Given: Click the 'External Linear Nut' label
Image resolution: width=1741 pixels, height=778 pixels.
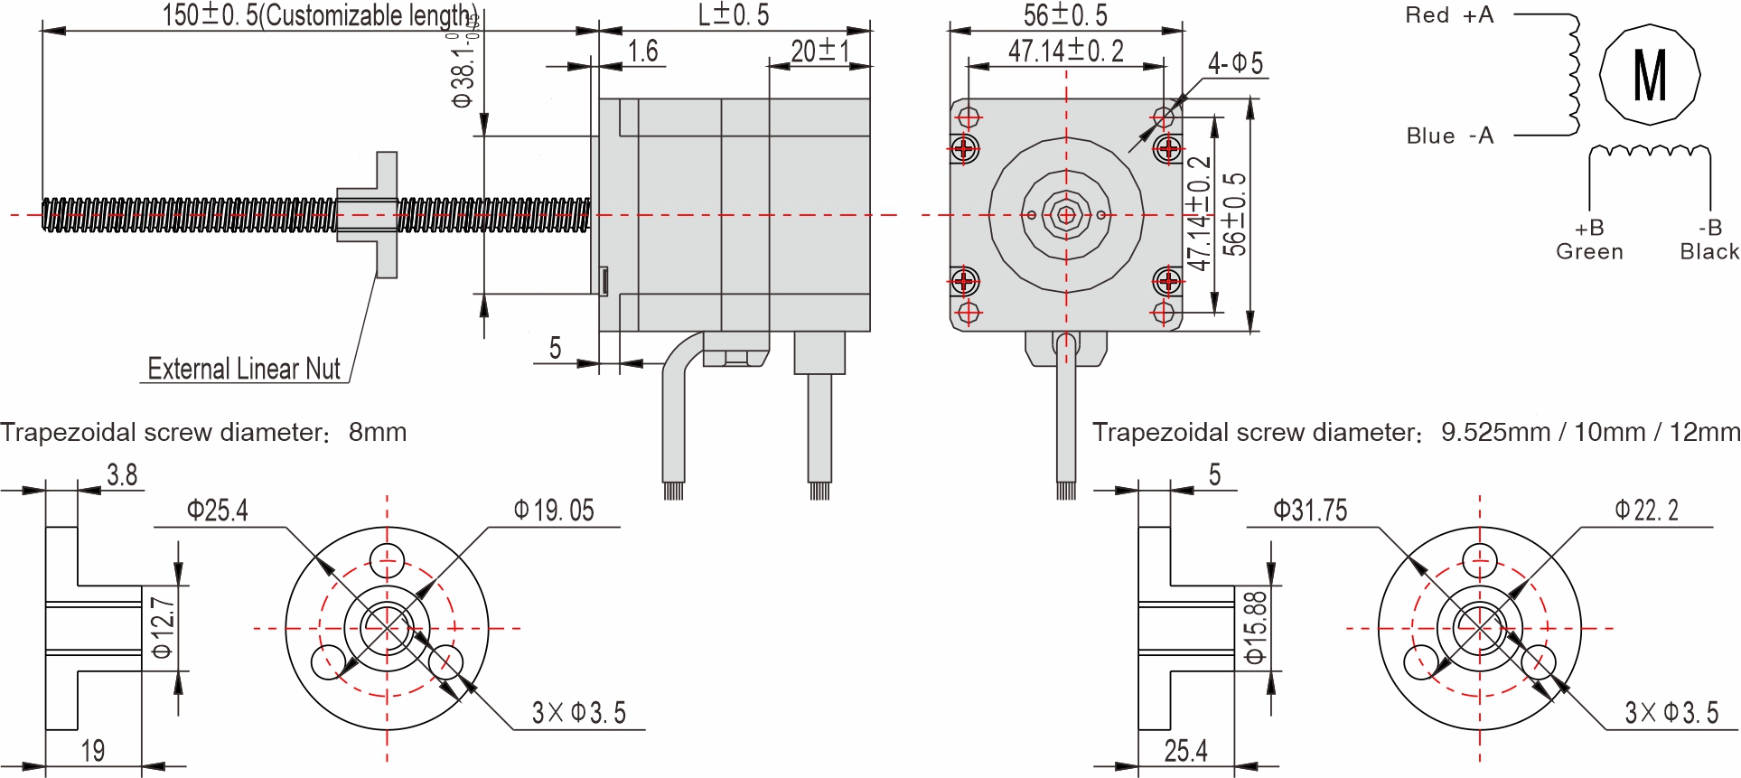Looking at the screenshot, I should point(244,369).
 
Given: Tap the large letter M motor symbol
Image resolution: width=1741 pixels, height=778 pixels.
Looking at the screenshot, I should point(1650,75).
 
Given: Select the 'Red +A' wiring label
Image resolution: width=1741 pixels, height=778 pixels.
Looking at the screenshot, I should point(1449,15).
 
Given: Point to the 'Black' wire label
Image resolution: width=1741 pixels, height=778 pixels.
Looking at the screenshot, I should point(1708,252).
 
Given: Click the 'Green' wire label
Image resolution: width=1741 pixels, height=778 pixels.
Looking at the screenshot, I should point(1589,252).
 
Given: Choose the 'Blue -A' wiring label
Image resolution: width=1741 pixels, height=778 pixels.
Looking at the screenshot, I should point(1449,136).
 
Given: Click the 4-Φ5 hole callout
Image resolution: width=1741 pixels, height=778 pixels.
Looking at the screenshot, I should point(1235,63).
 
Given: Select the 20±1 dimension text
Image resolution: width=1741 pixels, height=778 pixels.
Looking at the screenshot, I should point(819,51).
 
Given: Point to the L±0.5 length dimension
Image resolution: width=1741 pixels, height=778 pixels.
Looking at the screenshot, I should point(733,15).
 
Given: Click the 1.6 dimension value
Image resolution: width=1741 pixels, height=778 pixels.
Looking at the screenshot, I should point(642,51).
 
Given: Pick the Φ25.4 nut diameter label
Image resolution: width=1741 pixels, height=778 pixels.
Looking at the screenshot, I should point(217,511).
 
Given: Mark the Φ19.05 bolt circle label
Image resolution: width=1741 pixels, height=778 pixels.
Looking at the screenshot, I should point(554,511).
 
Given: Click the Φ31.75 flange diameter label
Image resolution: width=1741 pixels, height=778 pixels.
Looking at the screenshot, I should point(1310,511).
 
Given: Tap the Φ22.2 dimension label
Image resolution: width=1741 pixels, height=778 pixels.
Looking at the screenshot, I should point(1646,511).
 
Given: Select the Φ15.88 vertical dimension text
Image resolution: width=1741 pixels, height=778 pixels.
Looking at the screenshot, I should point(1256,628).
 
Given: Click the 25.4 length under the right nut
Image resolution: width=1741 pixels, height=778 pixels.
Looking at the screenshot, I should point(1185,751).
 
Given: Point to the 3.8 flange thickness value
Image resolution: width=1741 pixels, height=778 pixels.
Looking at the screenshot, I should point(122,475).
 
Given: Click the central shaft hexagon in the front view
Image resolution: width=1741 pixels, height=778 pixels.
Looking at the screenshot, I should point(1066,215).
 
